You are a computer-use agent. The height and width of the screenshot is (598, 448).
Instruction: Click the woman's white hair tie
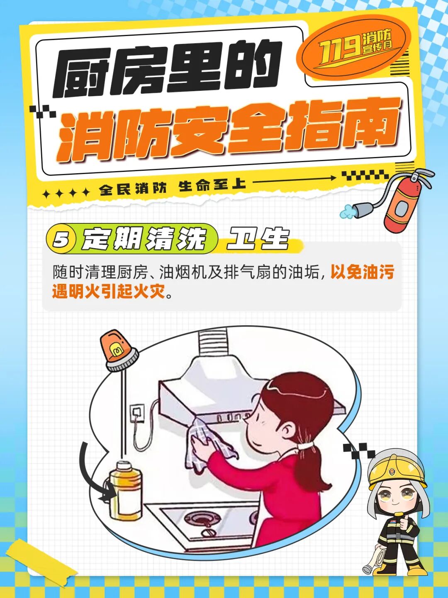[x=306, y=446]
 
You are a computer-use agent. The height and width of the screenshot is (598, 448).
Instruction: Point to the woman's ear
[x=286, y=431]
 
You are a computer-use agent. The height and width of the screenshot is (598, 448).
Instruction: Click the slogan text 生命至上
[x=212, y=186]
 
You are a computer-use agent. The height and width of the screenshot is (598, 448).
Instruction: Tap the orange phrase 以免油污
[x=362, y=273]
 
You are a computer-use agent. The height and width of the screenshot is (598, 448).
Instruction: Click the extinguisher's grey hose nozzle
[x=360, y=209]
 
